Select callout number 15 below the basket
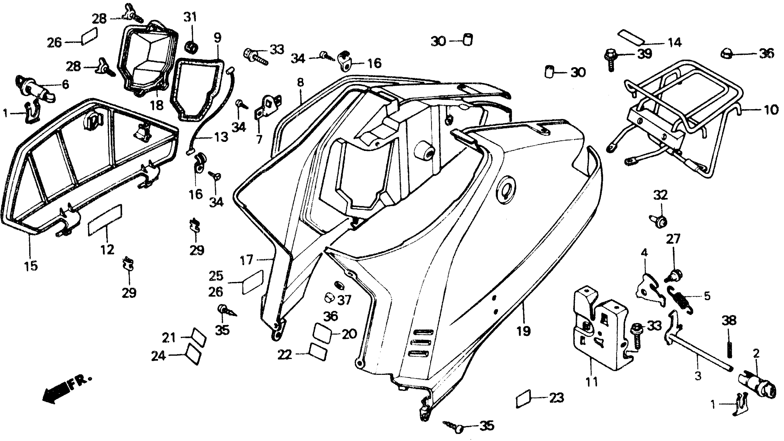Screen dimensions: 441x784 pyautogui.click(x=31, y=265)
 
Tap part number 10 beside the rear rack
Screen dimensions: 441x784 pyautogui.click(x=771, y=110)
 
